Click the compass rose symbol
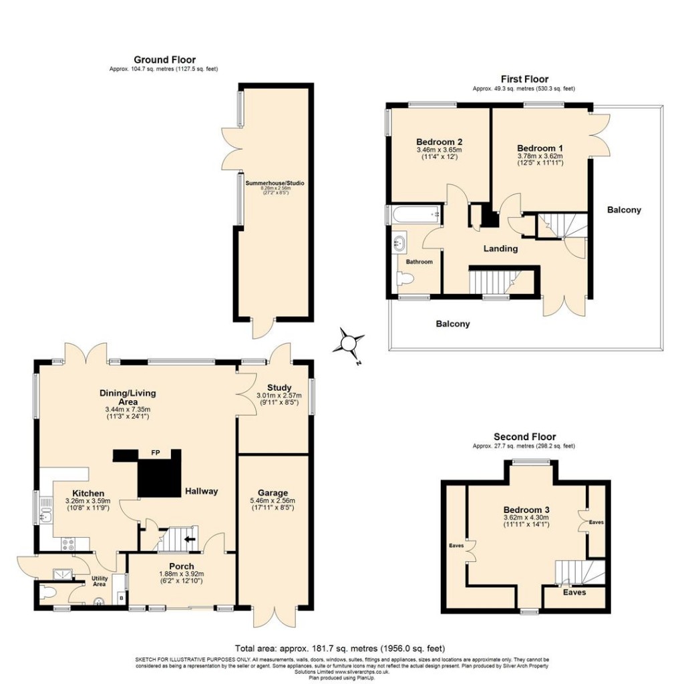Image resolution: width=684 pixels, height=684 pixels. [349, 343]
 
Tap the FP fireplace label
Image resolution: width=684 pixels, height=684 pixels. [155, 454]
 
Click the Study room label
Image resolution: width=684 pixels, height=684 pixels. [279, 387]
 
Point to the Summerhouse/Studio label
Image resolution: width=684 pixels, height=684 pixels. [271, 182]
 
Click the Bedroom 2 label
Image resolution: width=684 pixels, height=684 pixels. [439, 142]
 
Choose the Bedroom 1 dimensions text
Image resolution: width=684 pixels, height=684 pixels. [540, 160]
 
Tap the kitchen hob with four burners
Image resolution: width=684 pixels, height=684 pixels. [69, 544]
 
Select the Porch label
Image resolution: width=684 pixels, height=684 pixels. [182, 566]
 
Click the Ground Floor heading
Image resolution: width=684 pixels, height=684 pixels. [164, 60]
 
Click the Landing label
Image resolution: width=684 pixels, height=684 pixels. [500, 248]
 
